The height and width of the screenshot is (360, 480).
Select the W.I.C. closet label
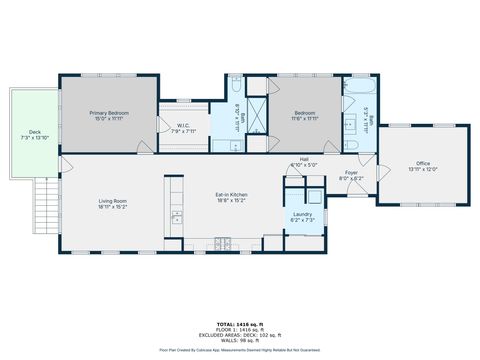point(183,127)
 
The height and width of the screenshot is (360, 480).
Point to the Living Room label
point(112,205)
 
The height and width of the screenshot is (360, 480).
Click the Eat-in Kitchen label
point(231,197)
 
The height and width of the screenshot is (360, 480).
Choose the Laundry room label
point(303,216)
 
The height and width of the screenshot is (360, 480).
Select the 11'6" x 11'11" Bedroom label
point(304,116)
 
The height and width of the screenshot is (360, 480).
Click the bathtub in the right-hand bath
point(355,145)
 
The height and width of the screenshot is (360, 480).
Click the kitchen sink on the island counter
point(177,215)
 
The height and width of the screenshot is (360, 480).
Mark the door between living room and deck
point(62,163)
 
